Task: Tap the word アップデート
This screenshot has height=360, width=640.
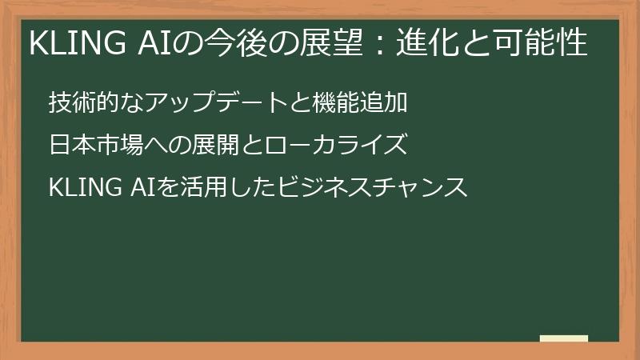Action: pos(196,102)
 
